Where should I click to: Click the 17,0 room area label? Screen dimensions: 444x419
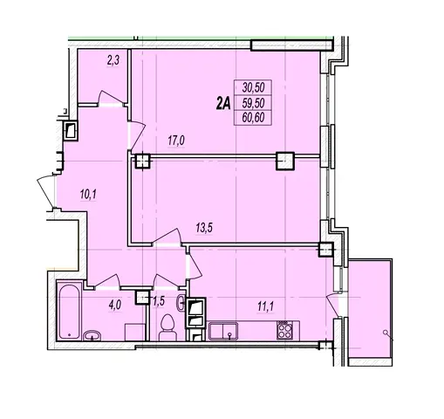pyautogui.click(x=176, y=141)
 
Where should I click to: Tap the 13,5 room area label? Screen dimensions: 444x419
pyautogui.click(x=204, y=228)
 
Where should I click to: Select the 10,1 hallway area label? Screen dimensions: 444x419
pyautogui.click(x=88, y=194)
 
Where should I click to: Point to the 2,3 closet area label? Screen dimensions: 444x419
pyautogui.click(x=113, y=61)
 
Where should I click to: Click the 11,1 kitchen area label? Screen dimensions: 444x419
pyautogui.click(x=265, y=306)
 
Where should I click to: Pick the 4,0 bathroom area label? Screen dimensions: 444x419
pyautogui.click(x=114, y=306)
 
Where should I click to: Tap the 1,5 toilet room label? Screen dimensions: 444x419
pyautogui.click(x=159, y=302)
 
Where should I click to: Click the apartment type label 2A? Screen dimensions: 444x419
pyautogui.click(x=223, y=103)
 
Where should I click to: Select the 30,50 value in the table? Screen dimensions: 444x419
pyautogui.click(x=253, y=87)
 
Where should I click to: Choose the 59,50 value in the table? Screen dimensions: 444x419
pyautogui.click(x=253, y=103)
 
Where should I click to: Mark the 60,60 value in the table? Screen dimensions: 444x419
pyautogui.click(x=253, y=118)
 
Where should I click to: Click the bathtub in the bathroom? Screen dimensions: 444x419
pyautogui.click(x=69, y=311)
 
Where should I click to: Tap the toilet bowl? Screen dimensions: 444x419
pyautogui.click(x=168, y=327)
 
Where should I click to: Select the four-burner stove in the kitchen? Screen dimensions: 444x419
pyautogui.click(x=284, y=330)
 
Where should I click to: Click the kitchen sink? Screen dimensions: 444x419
pyautogui.click(x=223, y=331)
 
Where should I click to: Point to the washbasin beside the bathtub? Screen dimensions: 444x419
pyautogui.click(x=92, y=335)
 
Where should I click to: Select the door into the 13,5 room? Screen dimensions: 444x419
pyautogui.click(x=167, y=237)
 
